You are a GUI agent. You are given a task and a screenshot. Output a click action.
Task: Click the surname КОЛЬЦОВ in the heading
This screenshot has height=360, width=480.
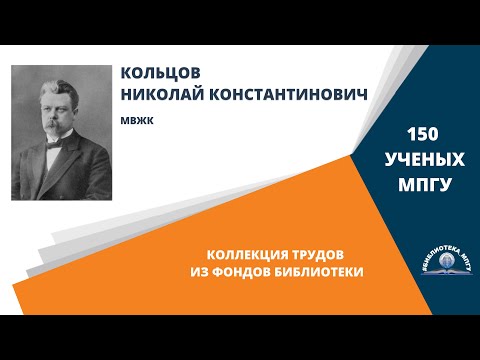pyautogui.click(x=158, y=76)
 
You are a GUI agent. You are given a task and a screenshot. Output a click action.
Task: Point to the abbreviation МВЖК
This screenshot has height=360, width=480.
pyautogui.click(x=134, y=117)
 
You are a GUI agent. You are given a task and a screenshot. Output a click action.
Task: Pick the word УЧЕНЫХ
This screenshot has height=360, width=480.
pyautogui.click(x=425, y=158)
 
